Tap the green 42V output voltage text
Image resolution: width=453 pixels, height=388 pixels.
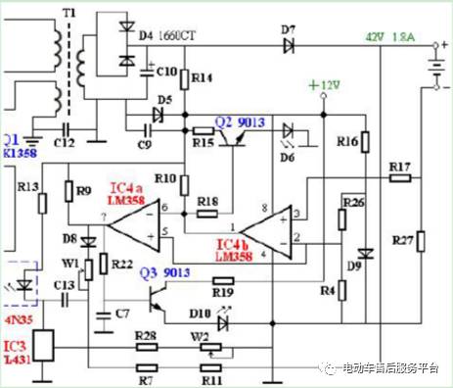374,36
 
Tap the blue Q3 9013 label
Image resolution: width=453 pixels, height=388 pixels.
162,271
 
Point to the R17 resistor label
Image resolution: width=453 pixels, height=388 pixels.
398,167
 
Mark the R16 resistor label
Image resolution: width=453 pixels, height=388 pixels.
347,141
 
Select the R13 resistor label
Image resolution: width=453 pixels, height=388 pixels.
28,185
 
